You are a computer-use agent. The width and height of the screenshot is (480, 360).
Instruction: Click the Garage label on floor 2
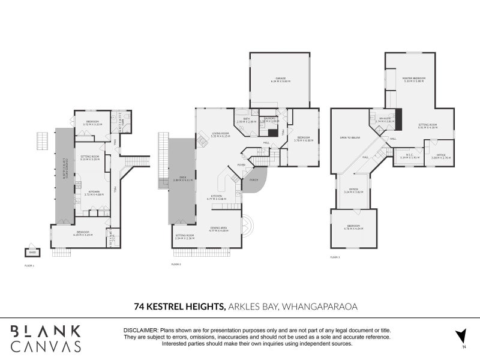280,79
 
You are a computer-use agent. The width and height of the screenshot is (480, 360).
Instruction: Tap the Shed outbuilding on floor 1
32,252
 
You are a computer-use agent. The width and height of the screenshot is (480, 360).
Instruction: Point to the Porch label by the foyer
254,179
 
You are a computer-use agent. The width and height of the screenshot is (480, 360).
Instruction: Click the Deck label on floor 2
178,178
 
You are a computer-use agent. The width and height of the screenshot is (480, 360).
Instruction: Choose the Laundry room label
271,119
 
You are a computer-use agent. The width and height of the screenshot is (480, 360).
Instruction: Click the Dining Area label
218,229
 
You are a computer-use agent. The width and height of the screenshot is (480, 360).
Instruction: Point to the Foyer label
242,164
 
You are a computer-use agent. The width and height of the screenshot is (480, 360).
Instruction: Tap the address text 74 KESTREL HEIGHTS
179,307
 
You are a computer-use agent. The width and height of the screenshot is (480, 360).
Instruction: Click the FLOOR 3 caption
335,257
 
